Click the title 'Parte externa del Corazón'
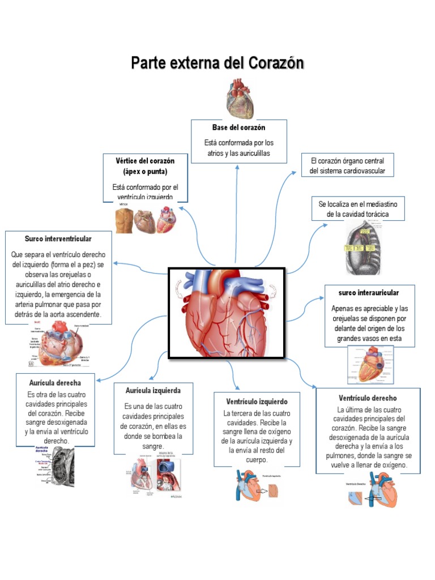point(217,62)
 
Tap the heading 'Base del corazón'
point(238,127)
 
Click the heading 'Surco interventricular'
point(58,239)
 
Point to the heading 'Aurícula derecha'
point(55,383)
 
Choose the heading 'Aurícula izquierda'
point(153,391)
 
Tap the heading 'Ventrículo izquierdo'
point(256,401)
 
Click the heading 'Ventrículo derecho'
point(368,398)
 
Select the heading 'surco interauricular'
point(369,293)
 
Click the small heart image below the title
point(240,98)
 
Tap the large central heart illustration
point(227,312)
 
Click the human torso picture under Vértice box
point(125,220)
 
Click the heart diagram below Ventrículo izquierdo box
point(256,484)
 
